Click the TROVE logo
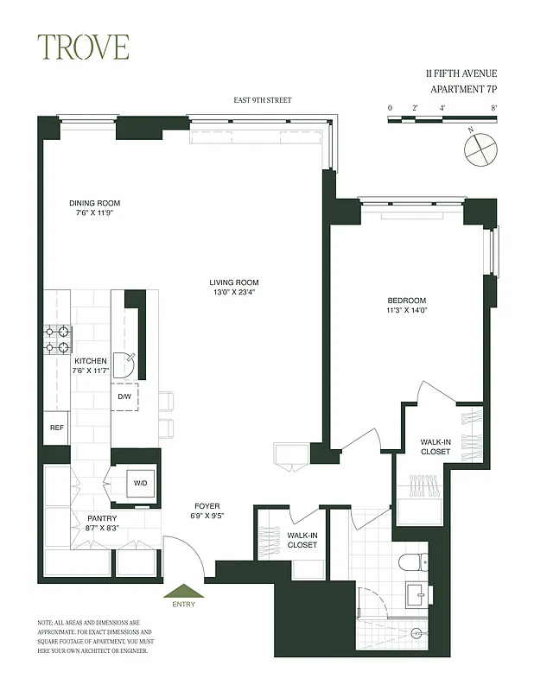83,47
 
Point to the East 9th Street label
263,100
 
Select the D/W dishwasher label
124,397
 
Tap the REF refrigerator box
56,428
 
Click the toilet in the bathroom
412,561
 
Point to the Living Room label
233,282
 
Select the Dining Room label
95,204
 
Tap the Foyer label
207,506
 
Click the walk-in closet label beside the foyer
302,540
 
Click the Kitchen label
91,361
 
